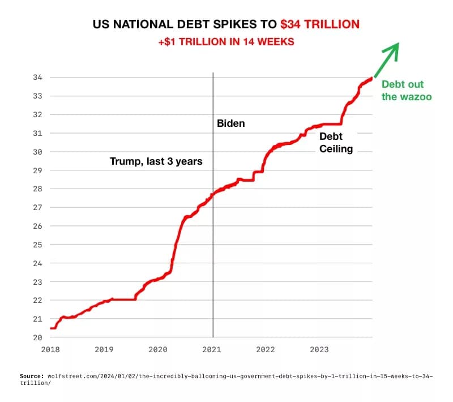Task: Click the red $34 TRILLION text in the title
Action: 320,24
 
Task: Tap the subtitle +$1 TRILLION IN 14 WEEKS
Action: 226,42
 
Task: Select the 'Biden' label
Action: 231,123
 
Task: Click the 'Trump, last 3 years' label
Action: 156,161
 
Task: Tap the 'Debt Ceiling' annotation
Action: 336,143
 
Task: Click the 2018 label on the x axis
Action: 50,349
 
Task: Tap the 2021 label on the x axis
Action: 212,349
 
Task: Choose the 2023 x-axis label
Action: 319,349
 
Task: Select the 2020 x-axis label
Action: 158,349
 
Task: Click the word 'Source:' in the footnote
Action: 32,376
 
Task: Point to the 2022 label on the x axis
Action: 266,349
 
